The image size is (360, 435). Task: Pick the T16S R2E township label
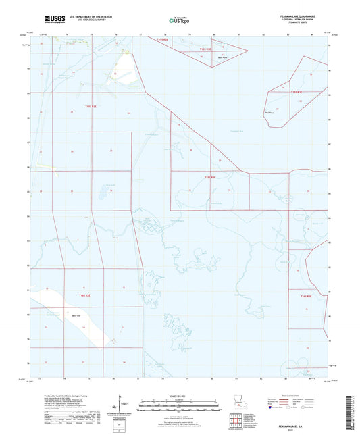(x=83, y=295)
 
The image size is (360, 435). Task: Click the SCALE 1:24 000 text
(x=178, y=395)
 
